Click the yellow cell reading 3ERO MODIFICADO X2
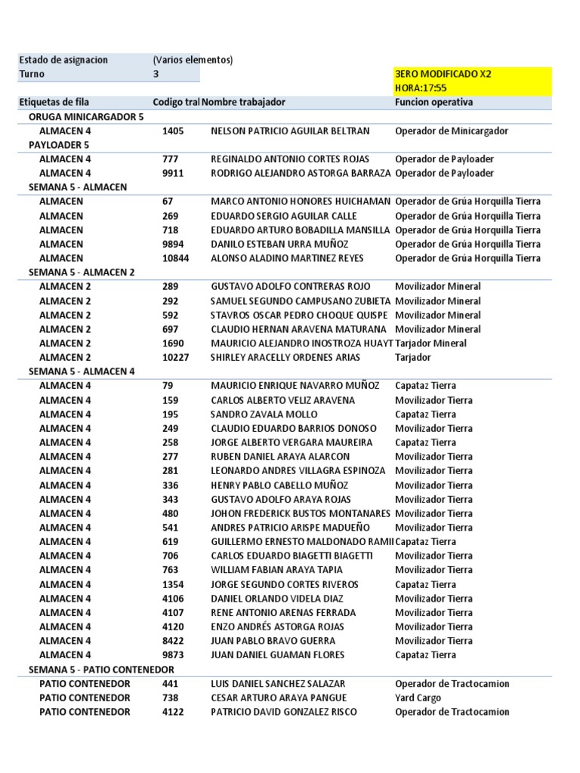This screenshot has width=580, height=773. pos(442,74)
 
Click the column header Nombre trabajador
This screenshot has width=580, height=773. pos(244,102)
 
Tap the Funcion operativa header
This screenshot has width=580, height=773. pos(433,102)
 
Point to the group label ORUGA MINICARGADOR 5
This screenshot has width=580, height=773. pos(85,117)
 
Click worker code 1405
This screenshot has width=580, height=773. pos(173,131)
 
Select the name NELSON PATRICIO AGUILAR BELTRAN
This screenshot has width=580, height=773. pos(290,131)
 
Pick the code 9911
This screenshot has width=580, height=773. pos(173,173)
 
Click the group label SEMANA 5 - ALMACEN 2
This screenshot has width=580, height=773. pos(82,273)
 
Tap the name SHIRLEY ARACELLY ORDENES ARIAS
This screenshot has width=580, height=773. pos(286,357)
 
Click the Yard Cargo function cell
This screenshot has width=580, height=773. pos(418,698)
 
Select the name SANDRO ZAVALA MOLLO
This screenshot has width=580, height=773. pos(264,414)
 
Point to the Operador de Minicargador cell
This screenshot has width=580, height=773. pos(451,131)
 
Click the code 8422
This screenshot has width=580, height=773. pos(173,641)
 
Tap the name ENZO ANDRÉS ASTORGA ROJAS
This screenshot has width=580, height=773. pos(277,627)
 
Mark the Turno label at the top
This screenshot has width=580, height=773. pos(32,74)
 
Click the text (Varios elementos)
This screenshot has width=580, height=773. pos(193,60)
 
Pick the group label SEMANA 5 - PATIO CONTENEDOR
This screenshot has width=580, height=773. pos(101,670)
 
